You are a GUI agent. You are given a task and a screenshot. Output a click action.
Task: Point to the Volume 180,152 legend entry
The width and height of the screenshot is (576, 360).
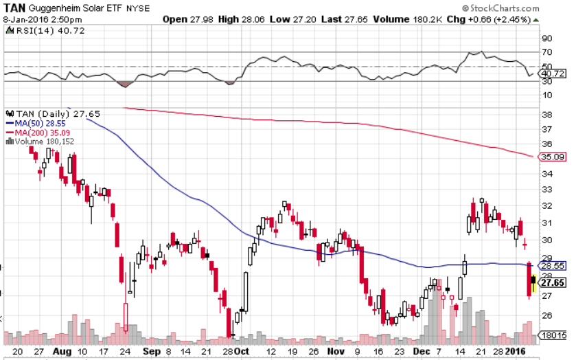coord(44,141)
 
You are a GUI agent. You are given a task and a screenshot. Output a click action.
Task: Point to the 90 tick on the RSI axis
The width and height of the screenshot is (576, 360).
coord(547,39)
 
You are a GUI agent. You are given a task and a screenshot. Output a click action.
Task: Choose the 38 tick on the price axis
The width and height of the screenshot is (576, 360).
coord(547,114)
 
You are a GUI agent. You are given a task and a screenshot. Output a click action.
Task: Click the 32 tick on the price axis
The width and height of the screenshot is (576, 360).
coord(547,206)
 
